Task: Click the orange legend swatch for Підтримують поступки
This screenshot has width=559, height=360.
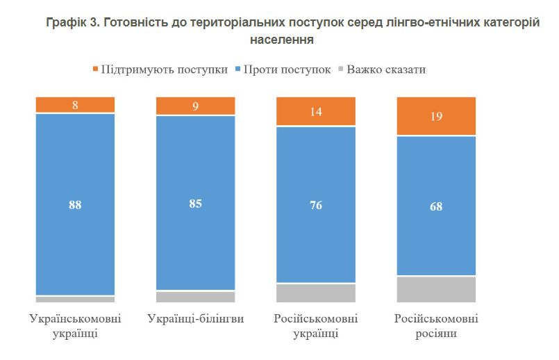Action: [x=95, y=69]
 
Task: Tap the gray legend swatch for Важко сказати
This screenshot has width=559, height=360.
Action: [x=340, y=69]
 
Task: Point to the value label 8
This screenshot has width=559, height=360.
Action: [x=75, y=105]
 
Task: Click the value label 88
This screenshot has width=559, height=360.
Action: [x=75, y=204]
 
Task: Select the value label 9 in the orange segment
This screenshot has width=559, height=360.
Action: [x=195, y=106]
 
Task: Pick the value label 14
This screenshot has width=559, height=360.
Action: [x=316, y=112]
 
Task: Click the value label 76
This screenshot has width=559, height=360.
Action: [x=316, y=205]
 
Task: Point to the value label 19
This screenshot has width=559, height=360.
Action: [x=436, y=117]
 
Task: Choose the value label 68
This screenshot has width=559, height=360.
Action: [x=436, y=206]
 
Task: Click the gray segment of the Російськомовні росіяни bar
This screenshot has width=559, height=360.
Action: [x=436, y=289]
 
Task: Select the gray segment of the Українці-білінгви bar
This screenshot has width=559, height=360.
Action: [x=195, y=297]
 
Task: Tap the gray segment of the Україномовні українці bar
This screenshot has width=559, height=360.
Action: [x=75, y=300]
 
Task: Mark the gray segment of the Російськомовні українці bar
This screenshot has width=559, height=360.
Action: [x=316, y=293]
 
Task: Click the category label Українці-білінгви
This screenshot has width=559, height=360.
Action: [x=195, y=319]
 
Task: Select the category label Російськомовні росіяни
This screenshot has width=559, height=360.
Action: [x=436, y=326]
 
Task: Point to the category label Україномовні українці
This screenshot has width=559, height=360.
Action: [x=75, y=326]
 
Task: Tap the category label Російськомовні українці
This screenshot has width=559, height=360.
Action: [x=316, y=326]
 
